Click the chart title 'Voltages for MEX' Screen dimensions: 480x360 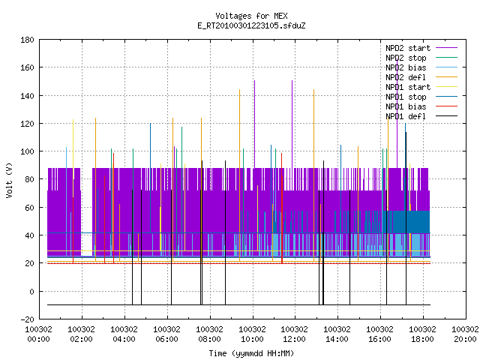tap(251, 16)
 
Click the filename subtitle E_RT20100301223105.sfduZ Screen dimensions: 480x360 tap(251, 25)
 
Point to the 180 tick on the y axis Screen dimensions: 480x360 tap(27, 40)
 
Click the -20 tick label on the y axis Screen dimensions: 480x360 tap(27, 319)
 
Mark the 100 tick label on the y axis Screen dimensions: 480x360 tap(27, 151)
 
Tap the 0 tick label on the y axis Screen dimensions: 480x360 tap(31, 292)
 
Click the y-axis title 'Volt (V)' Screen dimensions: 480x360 tap(9, 180)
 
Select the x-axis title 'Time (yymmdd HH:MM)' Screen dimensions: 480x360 tap(251, 353)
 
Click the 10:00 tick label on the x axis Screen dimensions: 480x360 tap(252, 334)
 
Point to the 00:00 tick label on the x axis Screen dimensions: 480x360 tap(38, 334)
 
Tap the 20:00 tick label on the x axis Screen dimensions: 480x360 tap(465, 334)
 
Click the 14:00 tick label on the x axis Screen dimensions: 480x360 tap(337, 334)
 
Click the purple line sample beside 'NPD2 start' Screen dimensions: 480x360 tap(447, 48)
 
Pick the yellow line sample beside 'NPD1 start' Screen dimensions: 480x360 tap(447, 87)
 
